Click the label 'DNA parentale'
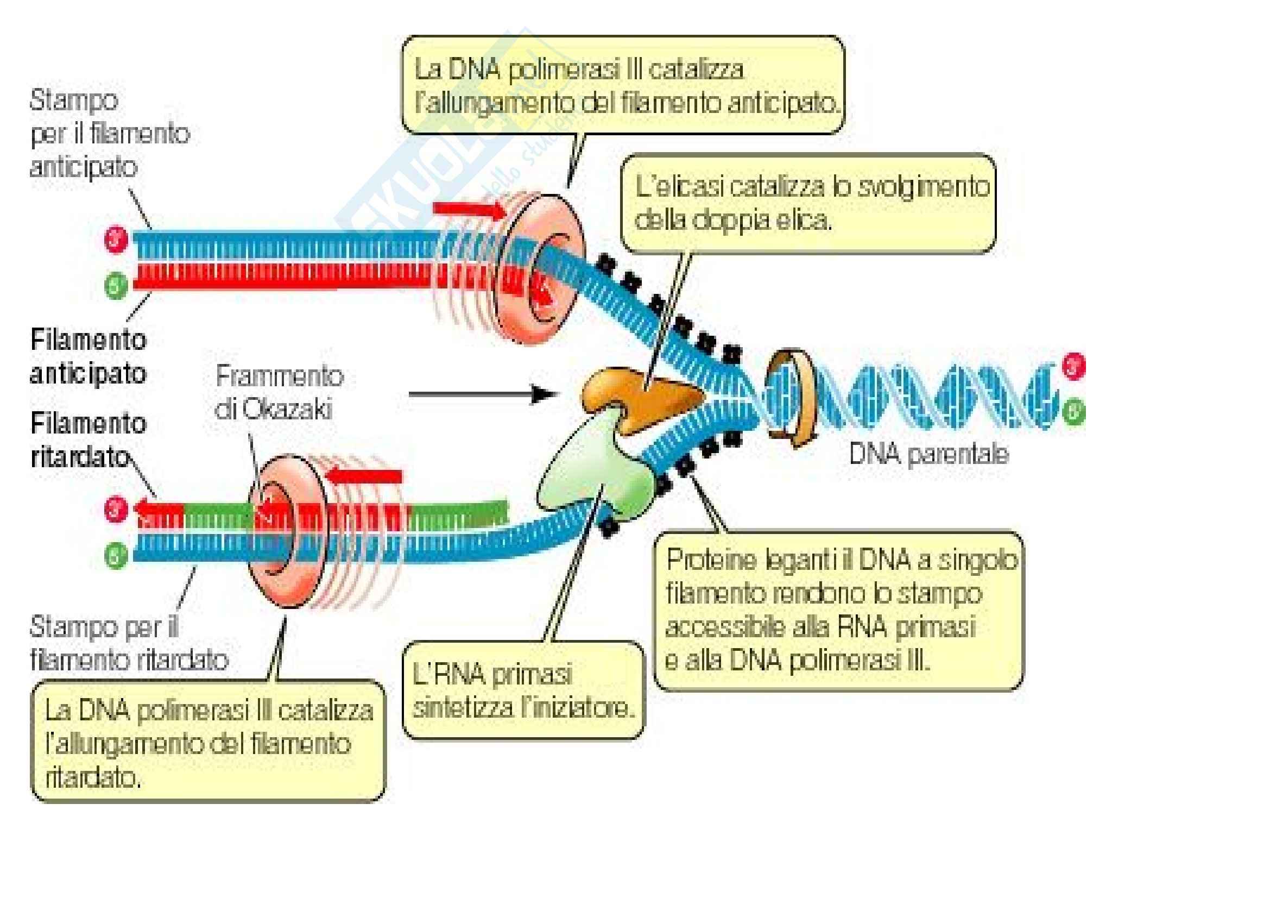point(928,454)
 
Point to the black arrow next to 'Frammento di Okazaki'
point(481,394)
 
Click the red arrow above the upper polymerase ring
point(469,210)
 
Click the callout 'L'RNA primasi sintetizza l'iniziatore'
point(523,690)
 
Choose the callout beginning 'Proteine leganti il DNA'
point(838,611)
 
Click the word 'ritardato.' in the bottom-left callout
point(93,777)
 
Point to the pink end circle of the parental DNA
point(1073,366)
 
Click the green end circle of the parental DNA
point(1073,412)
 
